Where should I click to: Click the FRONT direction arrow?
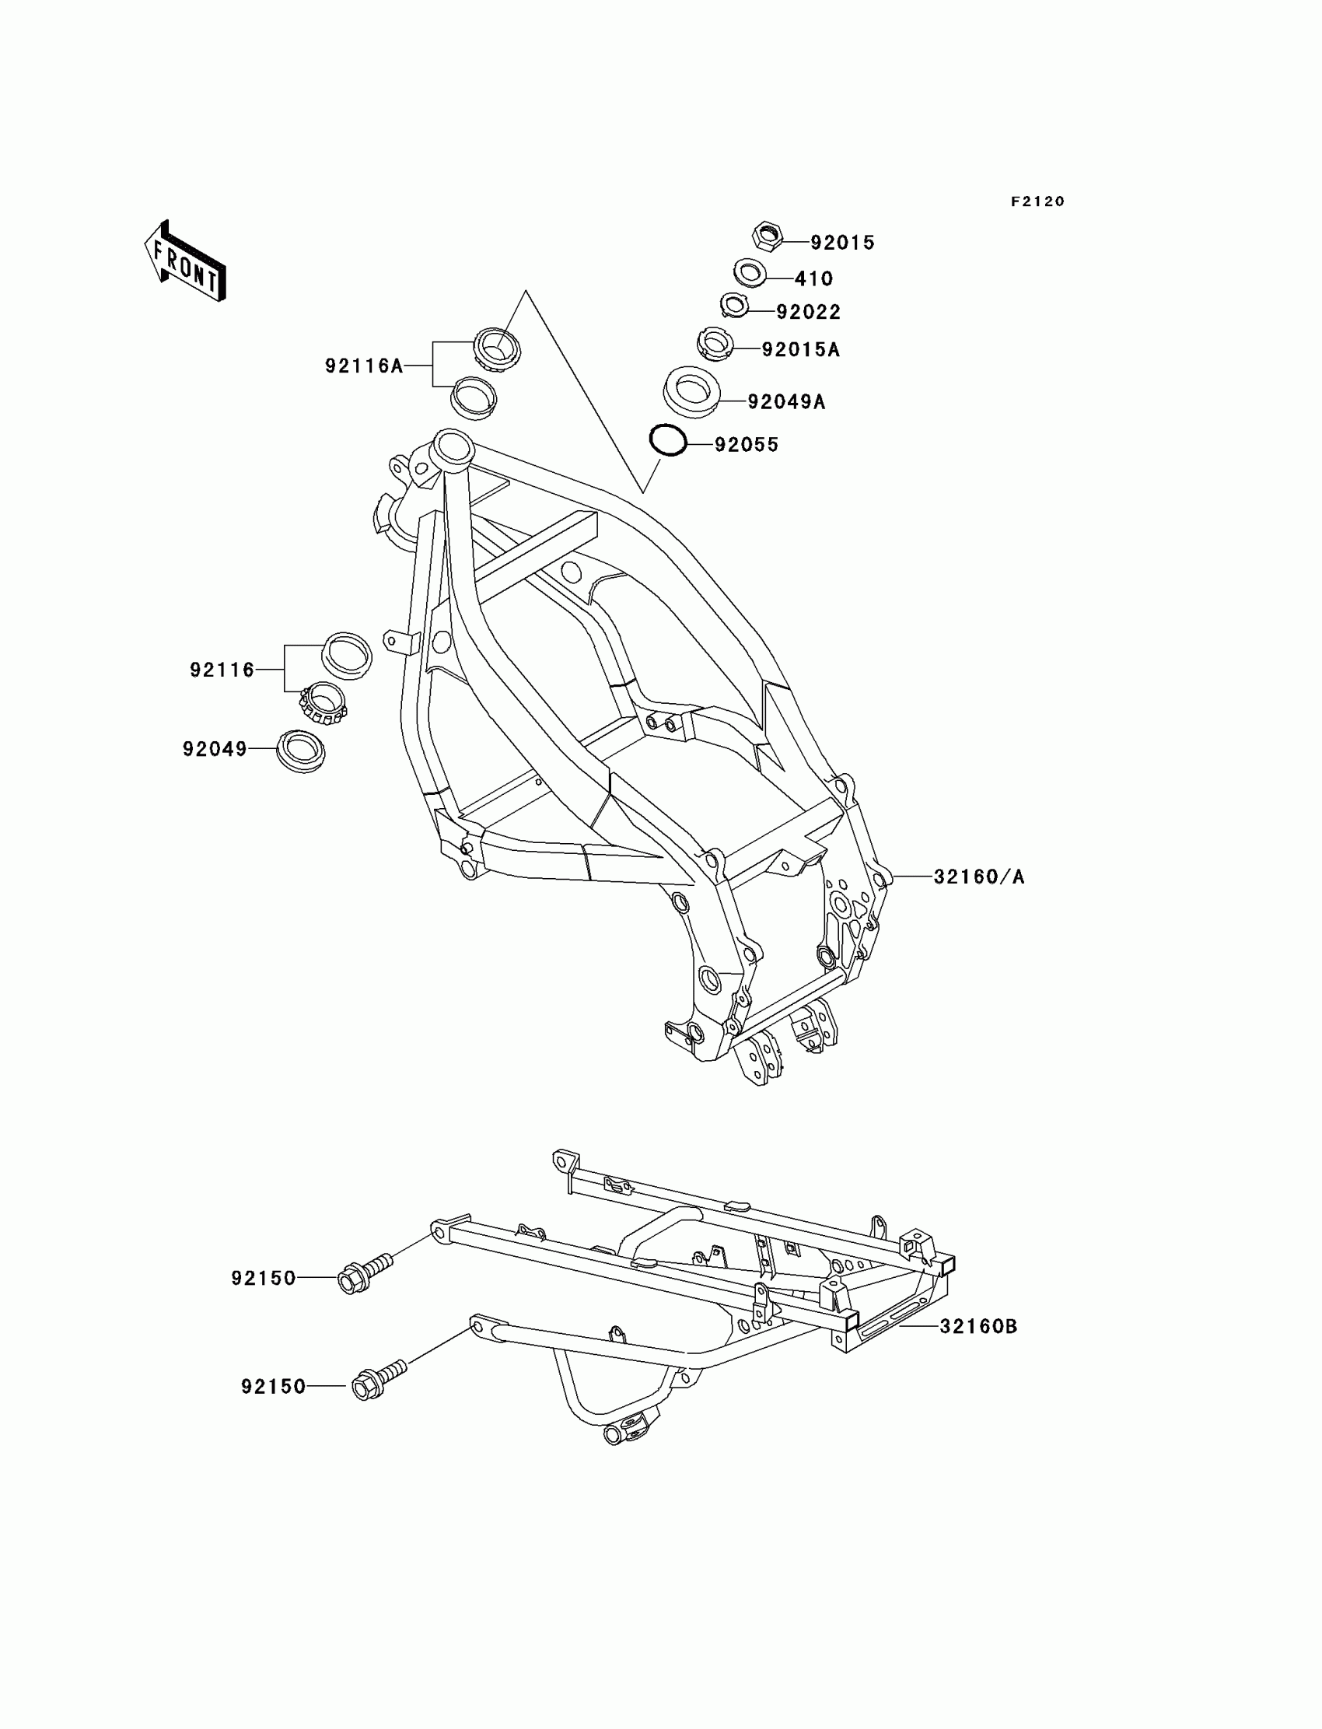tap(186, 261)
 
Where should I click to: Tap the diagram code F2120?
tap(1037, 201)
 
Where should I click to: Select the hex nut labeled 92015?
tap(768, 236)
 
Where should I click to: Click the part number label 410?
tap(813, 278)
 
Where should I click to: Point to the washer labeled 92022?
tap(734, 304)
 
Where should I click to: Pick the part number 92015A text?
tap(800, 349)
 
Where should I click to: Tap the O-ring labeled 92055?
tap(668, 441)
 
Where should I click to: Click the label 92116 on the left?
tap(222, 670)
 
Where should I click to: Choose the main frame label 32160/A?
tap(979, 877)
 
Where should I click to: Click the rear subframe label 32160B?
tap(978, 1326)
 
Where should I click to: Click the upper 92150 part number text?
tap(264, 1278)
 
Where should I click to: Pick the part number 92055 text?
tap(746, 445)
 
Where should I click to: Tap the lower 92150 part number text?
tap(273, 1386)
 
